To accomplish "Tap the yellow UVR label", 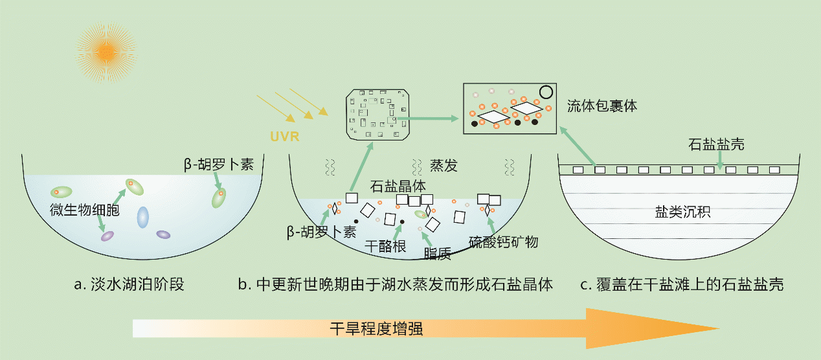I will click(x=282, y=137).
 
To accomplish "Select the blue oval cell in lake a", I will click(x=142, y=218).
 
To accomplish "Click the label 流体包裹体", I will click(x=602, y=106).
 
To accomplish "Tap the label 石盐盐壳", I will click(x=716, y=144).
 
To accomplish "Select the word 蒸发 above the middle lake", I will click(x=444, y=166).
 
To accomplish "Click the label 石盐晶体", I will click(x=398, y=185).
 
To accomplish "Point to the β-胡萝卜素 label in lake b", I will click(x=321, y=231).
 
